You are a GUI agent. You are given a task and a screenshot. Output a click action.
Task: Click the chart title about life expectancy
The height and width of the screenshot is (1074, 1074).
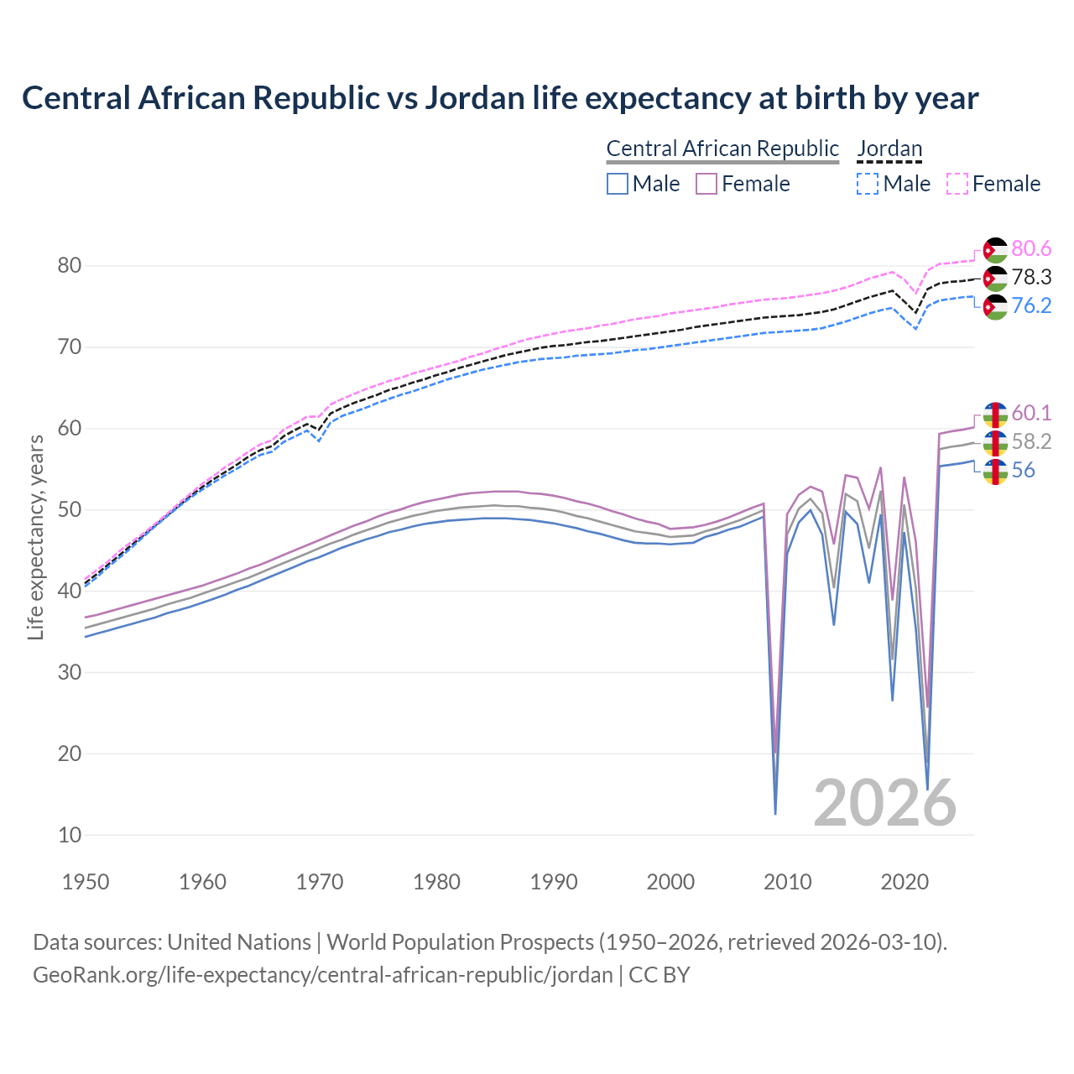pyautogui.click(x=500, y=98)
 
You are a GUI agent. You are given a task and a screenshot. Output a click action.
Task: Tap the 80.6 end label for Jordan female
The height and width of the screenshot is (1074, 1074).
pyautogui.click(x=1031, y=249)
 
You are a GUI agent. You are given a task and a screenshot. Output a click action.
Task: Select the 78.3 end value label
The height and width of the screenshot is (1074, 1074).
pyautogui.click(x=1031, y=278)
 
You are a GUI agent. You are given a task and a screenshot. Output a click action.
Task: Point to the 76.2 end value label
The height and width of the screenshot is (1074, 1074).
pyautogui.click(x=1031, y=306)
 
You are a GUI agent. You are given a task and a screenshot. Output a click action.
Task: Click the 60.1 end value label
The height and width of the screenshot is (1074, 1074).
pyautogui.click(x=1031, y=414)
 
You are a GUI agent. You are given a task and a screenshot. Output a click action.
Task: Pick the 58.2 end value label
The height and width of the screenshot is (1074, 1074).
pyautogui.click(x=1031, y=442)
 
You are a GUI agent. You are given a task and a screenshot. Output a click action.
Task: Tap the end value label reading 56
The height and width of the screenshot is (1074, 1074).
pyautogui.click(x=1023, y=471)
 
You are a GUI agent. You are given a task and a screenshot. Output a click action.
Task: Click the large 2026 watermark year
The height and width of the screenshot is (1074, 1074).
pyautogui.click(x=884, y=803)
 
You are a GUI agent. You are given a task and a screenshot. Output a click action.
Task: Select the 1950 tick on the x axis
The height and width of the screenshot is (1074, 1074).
pyautogui.click(x=86, y=882)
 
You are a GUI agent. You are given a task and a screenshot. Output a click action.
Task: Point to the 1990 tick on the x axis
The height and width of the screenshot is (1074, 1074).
pyautogui.click(x=554, y=882)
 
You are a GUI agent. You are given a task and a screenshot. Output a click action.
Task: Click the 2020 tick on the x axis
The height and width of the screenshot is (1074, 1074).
pyautogui.click(x=905, y=882)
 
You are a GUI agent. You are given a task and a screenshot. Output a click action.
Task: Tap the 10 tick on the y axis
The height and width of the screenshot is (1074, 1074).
pyautogui.click(x=70, y=835)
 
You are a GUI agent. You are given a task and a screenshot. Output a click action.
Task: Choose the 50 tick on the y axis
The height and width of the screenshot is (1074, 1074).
pyautogui.click(x=70, y=510)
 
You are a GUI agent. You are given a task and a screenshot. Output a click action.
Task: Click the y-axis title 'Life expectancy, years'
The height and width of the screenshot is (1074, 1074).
pyautogui.click(x=36, y=537)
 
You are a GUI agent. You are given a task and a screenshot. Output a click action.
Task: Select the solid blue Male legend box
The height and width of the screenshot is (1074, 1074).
pyautogui.click(x=618, y=184)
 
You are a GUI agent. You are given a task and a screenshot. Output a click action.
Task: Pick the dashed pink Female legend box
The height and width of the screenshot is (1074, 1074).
pyautogui.click(x=957, y=184)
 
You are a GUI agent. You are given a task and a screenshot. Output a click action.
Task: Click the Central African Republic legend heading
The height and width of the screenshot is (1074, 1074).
pyautogui.click(x=722, y=149)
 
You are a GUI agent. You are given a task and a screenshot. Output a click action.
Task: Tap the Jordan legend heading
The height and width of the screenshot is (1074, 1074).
pyautogui.click(x=889, y=149)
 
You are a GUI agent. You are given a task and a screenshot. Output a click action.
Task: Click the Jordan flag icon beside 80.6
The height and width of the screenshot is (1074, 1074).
pyautogui.click(x=994, y=250)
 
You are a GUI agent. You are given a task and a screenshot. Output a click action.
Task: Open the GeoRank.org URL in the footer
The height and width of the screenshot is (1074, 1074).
pyautogui.click(x=322, y=975)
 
